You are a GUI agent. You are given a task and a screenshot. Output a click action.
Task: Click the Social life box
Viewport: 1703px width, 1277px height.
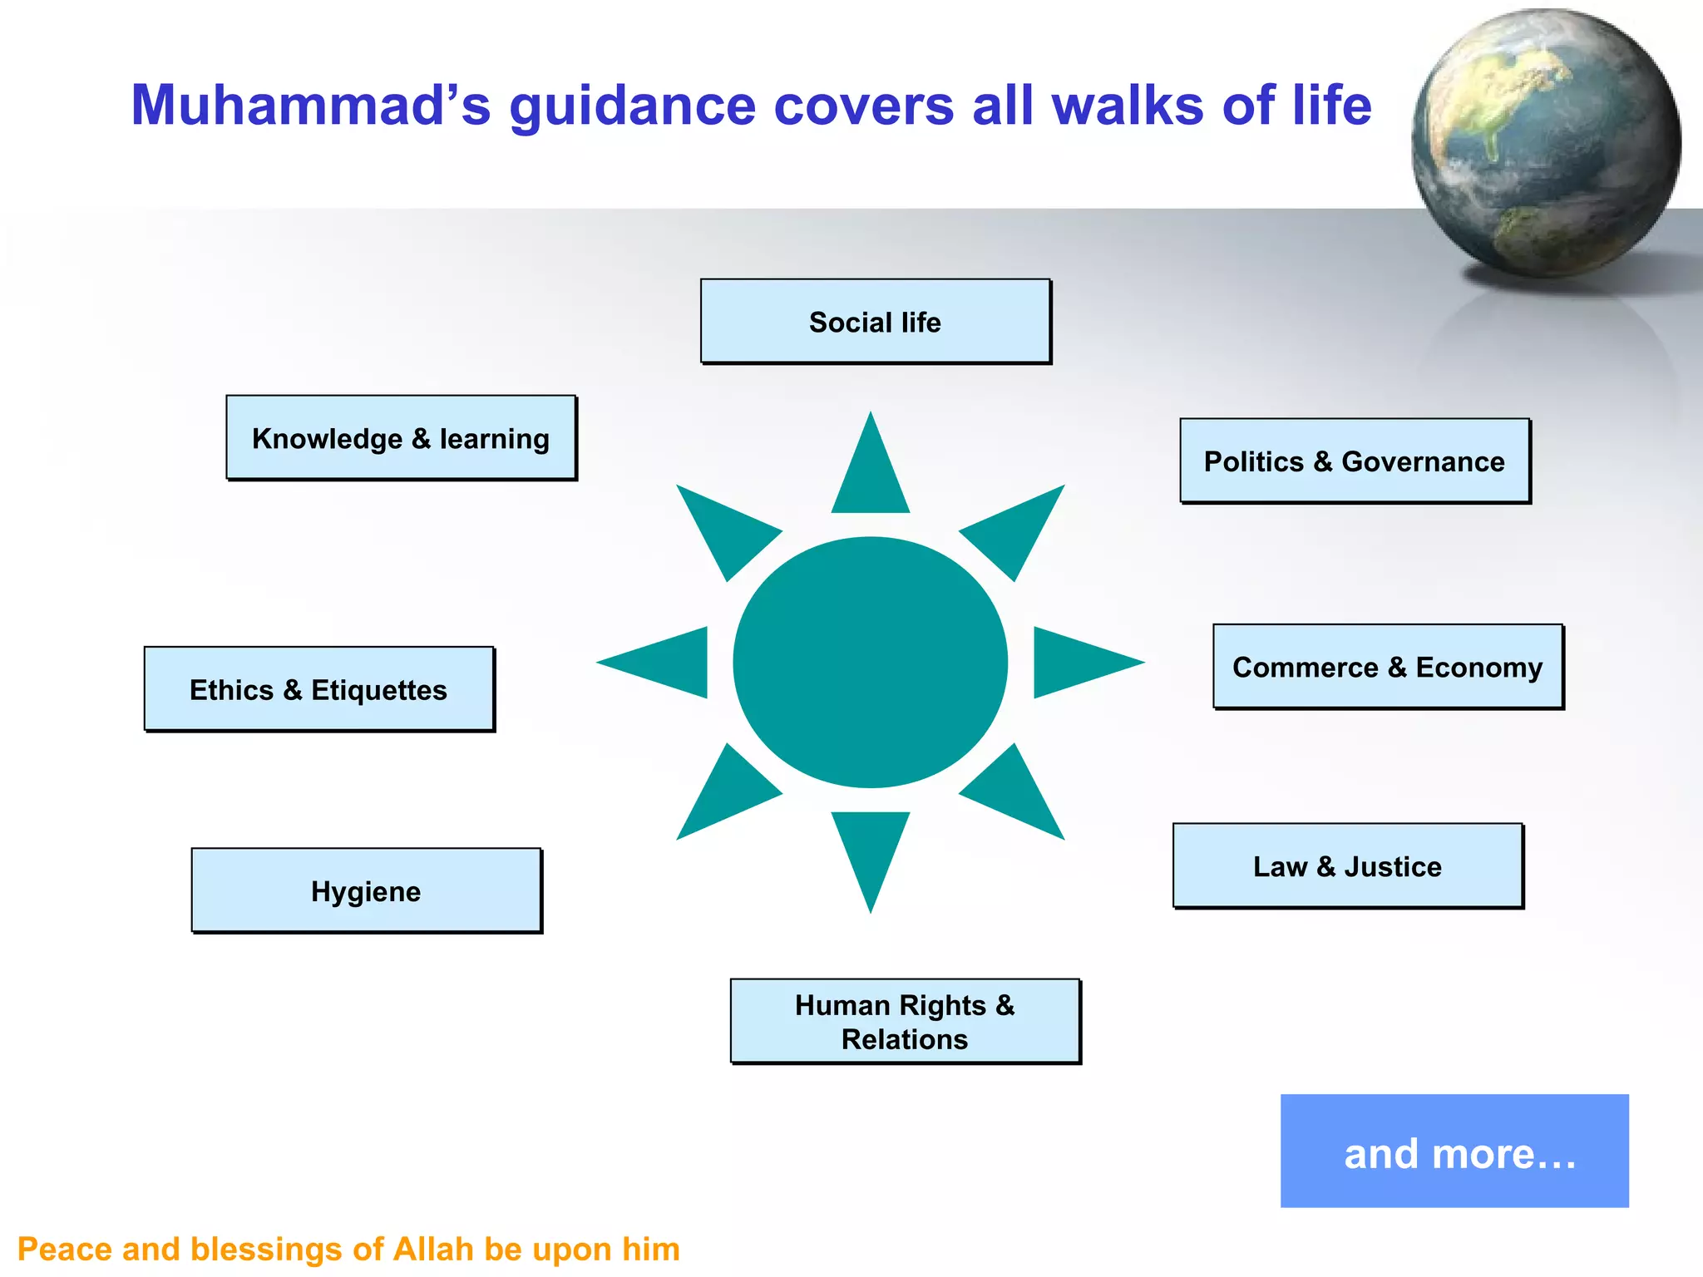click(x=875, y=322)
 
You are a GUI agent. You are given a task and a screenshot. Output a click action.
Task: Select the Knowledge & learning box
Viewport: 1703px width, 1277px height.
click(x=401, y=438)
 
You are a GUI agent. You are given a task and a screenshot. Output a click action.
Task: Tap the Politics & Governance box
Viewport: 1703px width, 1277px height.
click(x=1355, y=461)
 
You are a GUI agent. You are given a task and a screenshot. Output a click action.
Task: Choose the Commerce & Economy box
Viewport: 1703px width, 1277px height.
click(x=1388, y=667)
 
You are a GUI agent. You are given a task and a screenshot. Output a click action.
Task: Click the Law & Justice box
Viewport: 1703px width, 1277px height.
click(x=1347, y=866)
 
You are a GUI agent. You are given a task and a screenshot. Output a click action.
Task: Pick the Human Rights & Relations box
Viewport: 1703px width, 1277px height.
click(x=905, y=1022)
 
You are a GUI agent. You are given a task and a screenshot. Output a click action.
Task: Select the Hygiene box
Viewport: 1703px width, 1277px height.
click(x=366, y=891)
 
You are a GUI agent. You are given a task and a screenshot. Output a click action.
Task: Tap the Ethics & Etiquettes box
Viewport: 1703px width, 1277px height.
click(x=318, y=690)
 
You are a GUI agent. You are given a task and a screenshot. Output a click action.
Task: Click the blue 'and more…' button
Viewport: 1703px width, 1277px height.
click(x=1454, y=1151)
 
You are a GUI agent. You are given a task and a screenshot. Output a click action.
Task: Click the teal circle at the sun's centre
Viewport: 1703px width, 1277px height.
click(x=870, y=663)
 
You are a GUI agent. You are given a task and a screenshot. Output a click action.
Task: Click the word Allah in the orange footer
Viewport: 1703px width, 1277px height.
click(x=434, y=1250)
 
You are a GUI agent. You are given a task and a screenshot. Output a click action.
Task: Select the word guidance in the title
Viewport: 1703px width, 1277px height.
click(x=632, y=106)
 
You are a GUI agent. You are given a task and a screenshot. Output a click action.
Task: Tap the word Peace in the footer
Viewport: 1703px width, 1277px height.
click(x=64, y=1250)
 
